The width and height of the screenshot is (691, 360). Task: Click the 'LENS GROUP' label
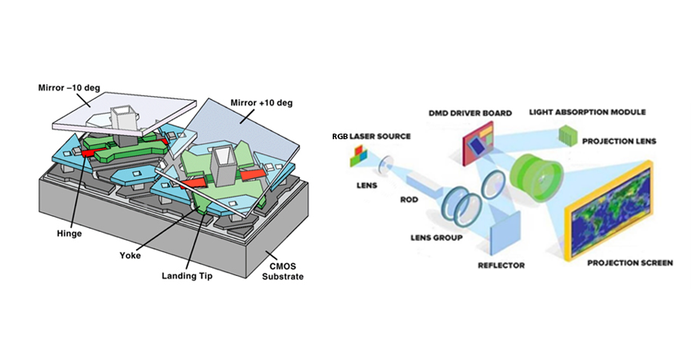(x=433, y=238)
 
